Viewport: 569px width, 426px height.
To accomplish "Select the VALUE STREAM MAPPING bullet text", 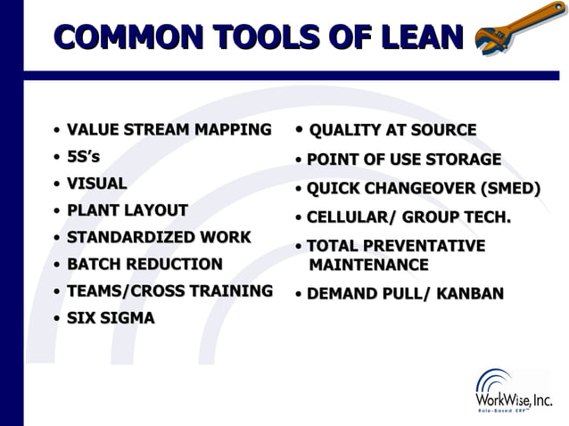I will click(169, 130).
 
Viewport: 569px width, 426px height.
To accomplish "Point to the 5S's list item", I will click(83, 157).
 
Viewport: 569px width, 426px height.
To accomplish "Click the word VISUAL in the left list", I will click(96, 184).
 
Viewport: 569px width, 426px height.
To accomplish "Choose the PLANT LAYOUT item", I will click(127, 210).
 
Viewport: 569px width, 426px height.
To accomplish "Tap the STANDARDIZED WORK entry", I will click(159, 238).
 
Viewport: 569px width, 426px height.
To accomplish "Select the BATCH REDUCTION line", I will click(144, 265).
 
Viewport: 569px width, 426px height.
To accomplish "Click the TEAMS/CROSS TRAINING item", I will click(169, 291).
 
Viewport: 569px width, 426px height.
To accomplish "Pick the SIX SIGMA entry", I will click(111, 318).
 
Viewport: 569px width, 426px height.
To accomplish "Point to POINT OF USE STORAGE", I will click(403, 160).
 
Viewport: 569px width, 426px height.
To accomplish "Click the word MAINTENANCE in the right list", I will click(368, 266).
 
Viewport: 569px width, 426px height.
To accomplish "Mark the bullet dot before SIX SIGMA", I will click(57, 319).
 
